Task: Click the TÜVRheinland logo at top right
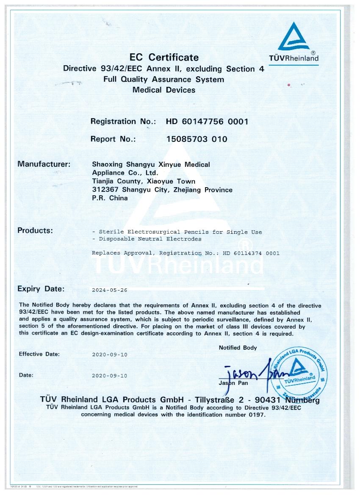pos(298,42)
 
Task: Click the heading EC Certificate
pos(163,57)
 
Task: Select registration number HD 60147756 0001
pos(207,122)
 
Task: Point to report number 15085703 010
pos(197,139)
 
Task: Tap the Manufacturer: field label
pos(44,164)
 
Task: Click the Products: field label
pos(35,231)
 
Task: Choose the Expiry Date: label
pos(41,289)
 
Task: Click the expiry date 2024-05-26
pos(109,290)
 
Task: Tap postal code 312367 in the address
pos(103,190)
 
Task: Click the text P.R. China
pos(110,198)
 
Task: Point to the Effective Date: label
pos(39,354)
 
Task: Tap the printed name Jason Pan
pos(233,383)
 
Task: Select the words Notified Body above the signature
pos(238,348)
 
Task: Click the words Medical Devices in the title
pos(163,90)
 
